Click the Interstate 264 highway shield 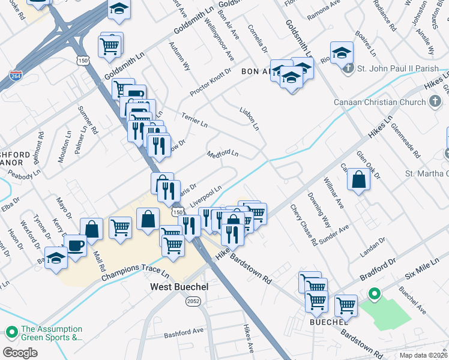17,76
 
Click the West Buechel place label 179,287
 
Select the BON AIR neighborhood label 257,71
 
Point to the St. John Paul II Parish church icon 348,68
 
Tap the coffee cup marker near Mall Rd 76,245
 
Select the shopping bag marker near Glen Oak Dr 358,179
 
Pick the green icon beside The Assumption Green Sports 11,332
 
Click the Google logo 20,353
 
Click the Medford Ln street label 223,154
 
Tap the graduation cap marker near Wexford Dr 56,259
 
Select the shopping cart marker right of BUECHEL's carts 346,306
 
